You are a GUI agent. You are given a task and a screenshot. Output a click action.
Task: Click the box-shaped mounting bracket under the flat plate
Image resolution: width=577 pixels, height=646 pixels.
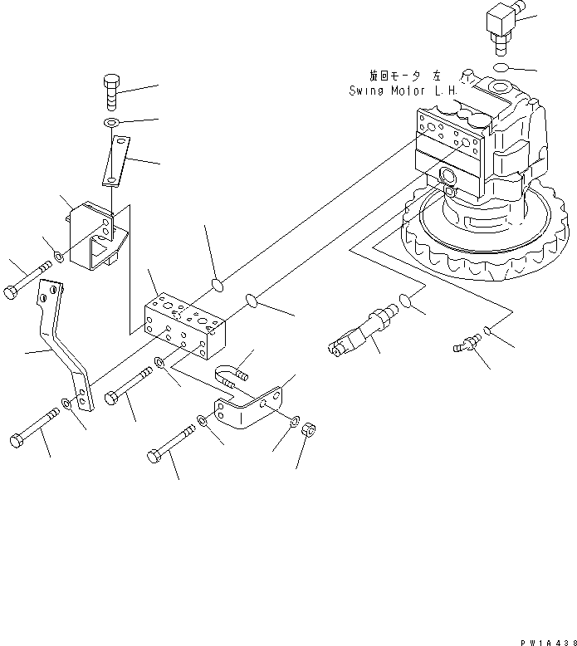93,236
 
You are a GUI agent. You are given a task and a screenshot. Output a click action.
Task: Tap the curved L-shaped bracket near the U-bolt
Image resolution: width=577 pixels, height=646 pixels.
247,413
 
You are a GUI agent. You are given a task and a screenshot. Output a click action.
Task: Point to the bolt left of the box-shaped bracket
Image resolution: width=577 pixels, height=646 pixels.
28,279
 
